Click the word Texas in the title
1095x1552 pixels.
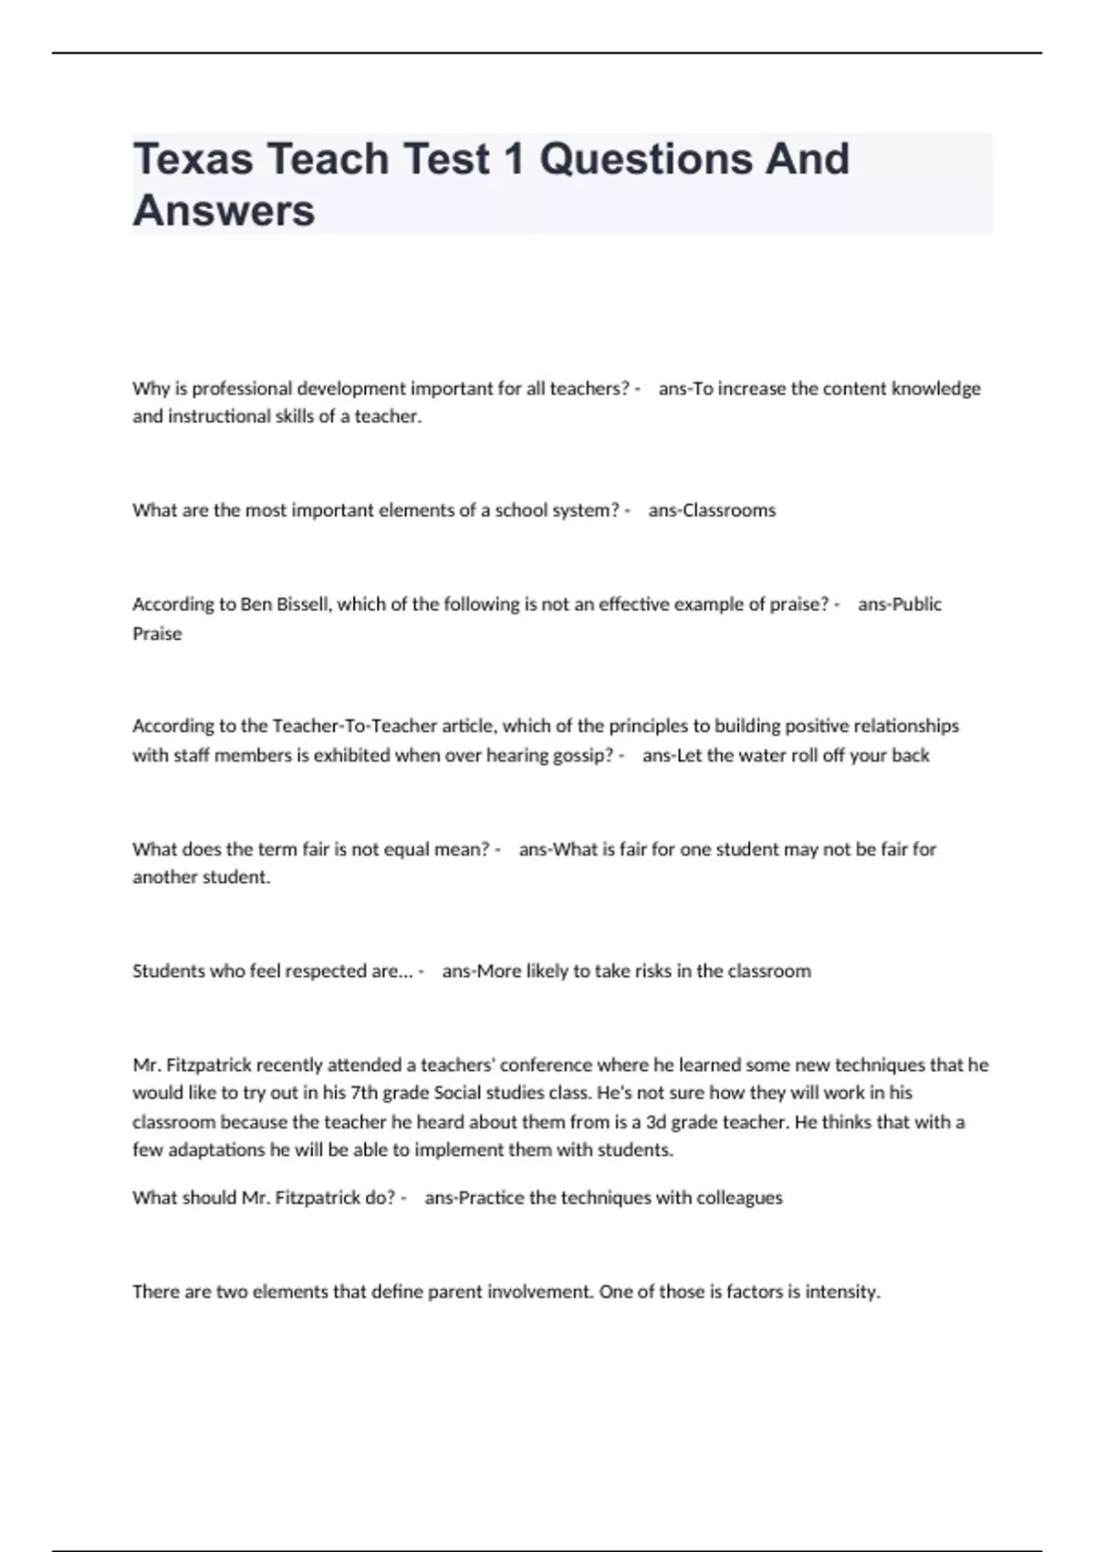(x=193, y=159)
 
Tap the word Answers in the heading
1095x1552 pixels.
(x=224, y=211)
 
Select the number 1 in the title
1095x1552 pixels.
(x=514, y=159)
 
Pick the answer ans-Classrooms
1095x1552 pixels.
(x=712, y=510)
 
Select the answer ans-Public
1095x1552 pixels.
(x=900, y=604)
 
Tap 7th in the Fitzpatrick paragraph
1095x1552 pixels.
(x=363, y=1093)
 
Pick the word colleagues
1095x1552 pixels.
(x=739, y=1198)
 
